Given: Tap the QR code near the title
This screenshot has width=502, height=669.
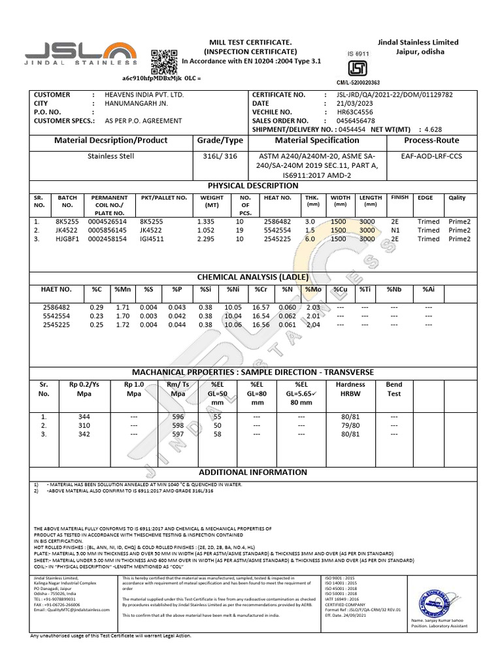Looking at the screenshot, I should pos(163,62).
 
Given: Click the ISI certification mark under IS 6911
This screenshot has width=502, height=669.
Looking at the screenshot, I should pos(357,69).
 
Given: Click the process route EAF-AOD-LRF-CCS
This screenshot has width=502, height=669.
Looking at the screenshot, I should pos(431,157).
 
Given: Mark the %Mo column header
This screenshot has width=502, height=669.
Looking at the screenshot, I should pos(312,289).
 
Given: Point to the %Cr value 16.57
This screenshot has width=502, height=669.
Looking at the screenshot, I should pos(260,306).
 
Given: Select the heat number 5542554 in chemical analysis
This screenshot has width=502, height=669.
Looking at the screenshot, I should pos(57,315).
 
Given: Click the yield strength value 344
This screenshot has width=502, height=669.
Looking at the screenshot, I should pos(84,416).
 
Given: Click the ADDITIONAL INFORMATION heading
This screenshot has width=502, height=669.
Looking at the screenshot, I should pos(252,472).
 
